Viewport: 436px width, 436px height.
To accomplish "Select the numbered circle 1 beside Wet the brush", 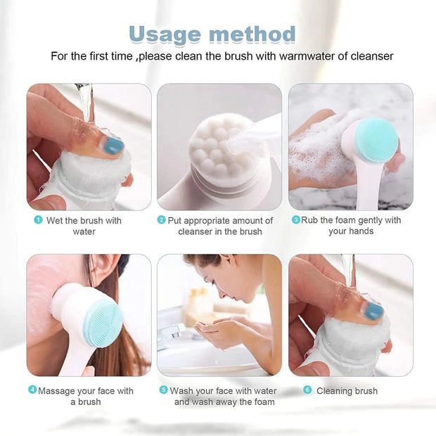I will click(x=38, y=220).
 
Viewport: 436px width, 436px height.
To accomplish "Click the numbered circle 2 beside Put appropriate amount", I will click(x=161, y=220).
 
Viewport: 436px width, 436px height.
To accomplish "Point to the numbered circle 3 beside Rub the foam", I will click(x=295, y=220).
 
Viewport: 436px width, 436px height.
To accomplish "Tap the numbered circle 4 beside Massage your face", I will click(x=32, y=390).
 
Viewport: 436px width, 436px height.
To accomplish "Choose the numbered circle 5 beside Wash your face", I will click(x=163, y=390).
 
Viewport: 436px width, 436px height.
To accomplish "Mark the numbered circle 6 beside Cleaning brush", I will click(x=307, y=390).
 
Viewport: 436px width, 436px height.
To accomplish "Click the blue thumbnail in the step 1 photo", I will click(x=113, y=146).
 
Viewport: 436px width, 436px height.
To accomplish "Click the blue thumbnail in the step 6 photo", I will click(x=373, y=310).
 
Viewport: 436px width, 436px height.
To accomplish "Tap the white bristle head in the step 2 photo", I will click(x=215, y=148).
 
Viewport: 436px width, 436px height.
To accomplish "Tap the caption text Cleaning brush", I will click(x=347, y=390).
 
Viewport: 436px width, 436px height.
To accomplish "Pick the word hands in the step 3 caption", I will click(x=361, y=231).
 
